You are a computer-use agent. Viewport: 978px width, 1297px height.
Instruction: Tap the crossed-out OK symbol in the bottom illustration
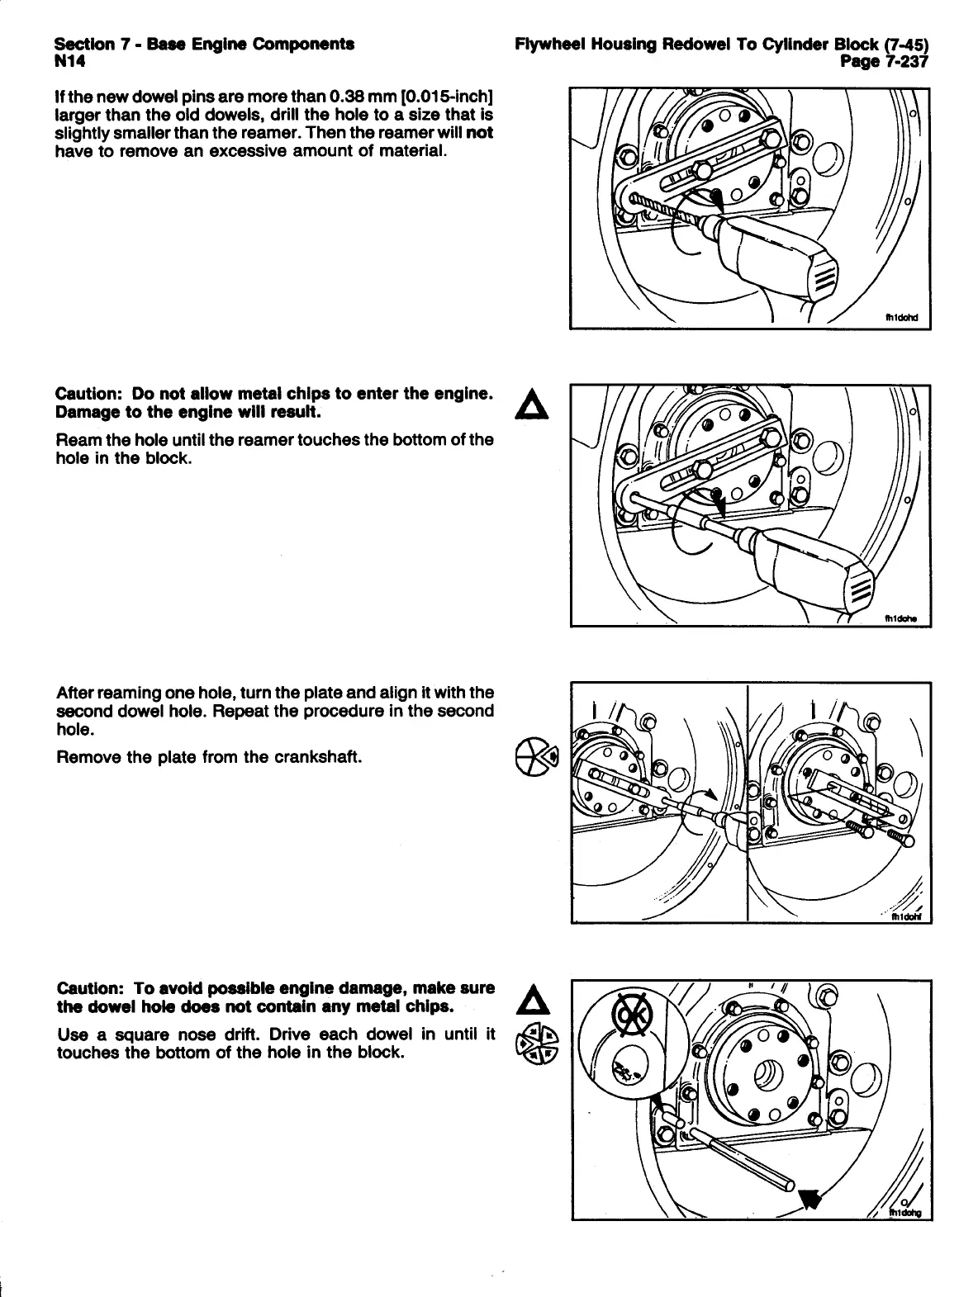pos(629,1015)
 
